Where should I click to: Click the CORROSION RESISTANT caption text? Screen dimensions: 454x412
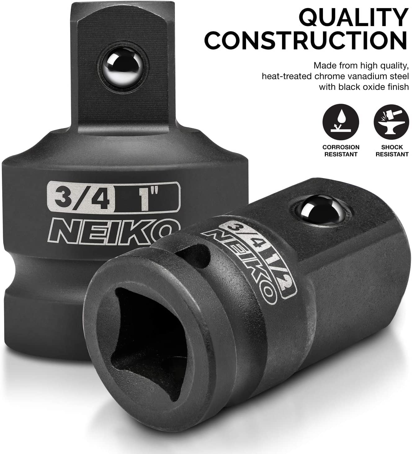[x=341, y=151]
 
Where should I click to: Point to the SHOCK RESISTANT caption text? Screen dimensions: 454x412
[x=392, y=151]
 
